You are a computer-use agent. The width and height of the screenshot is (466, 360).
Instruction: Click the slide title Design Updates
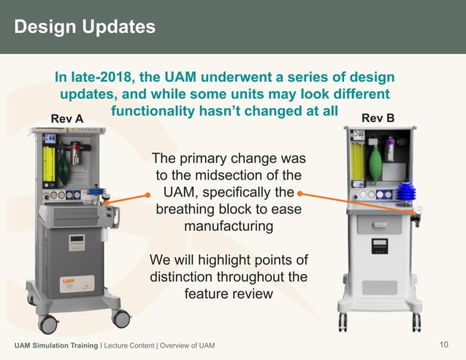click(85, 27)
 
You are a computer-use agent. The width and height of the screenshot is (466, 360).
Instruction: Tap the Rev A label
click(66, 118)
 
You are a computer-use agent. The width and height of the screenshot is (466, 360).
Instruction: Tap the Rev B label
click(378, 118)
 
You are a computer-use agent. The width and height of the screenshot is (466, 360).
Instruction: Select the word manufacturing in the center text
click(229, 226)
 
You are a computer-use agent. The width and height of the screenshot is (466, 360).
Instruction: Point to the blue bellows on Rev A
click(96, 192)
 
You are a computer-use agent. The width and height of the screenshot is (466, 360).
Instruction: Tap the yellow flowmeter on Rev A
click(48, 165)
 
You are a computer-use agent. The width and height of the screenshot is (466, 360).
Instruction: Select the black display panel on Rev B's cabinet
click(379, 246)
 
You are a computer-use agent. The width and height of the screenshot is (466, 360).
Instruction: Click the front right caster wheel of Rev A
click(121, 318)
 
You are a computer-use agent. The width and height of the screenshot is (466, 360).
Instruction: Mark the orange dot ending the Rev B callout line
click(300, 194)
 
